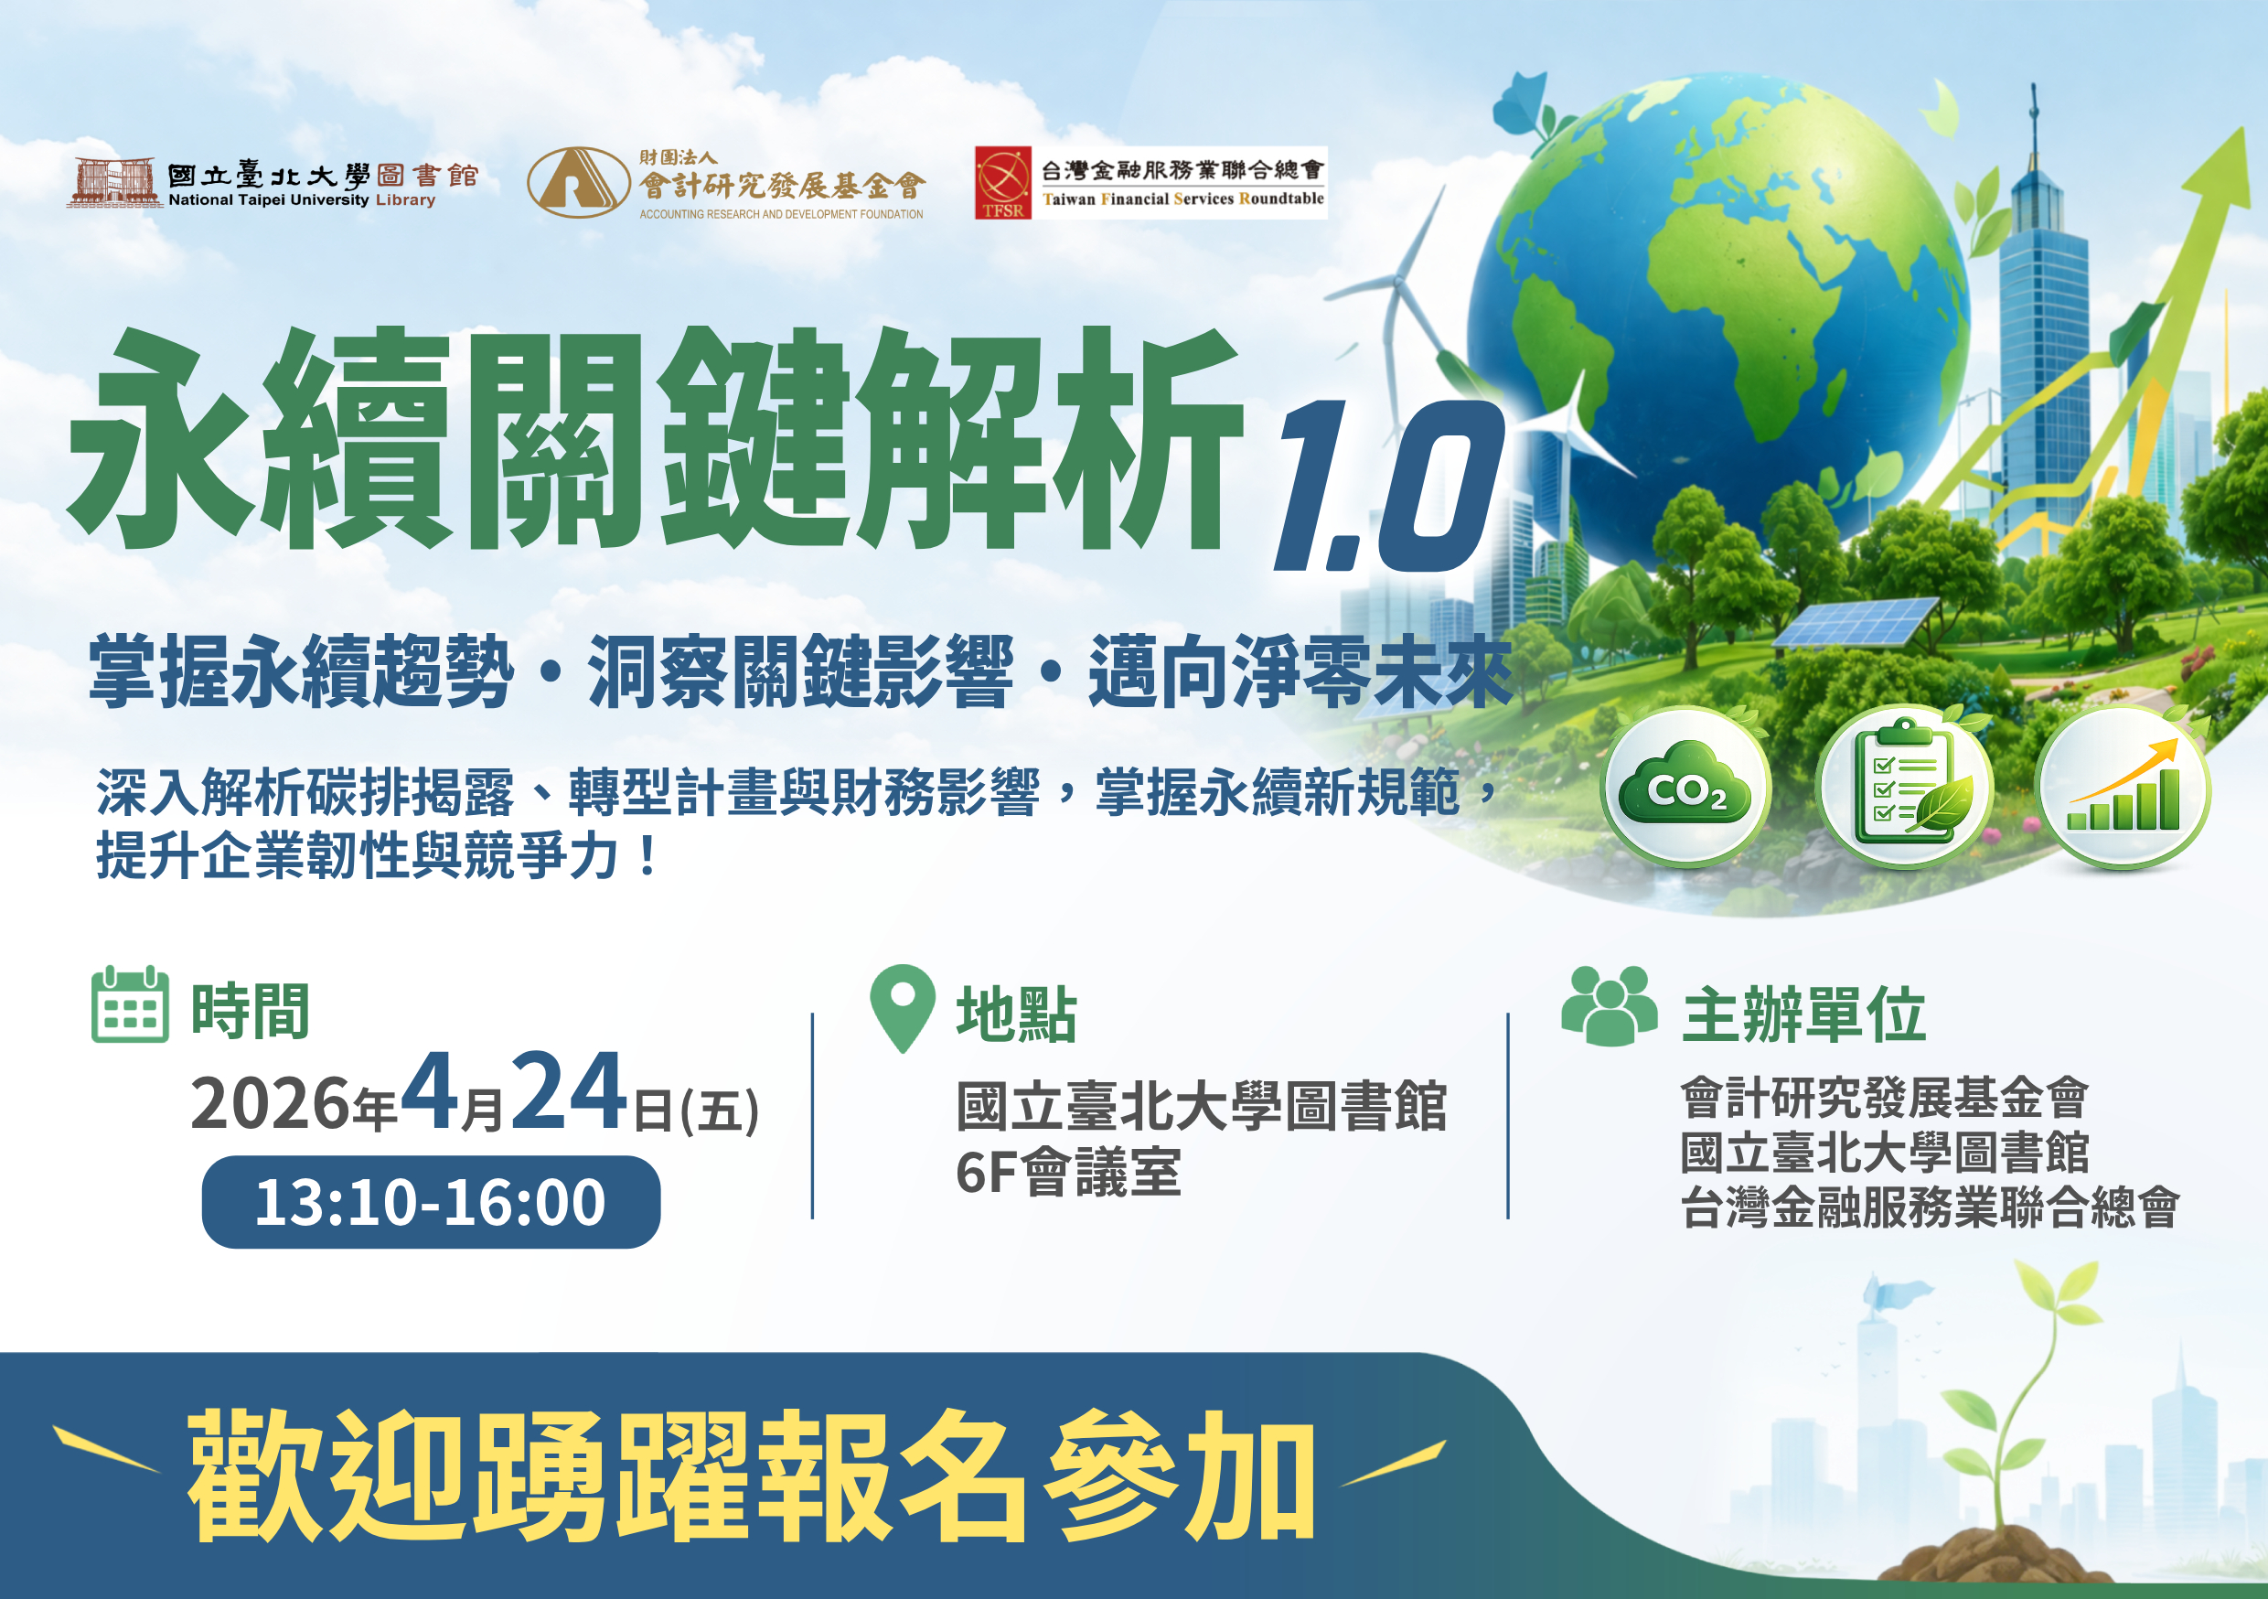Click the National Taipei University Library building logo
coord(114,182)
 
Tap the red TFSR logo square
coord(1002,183)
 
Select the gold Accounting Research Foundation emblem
coord(578,183)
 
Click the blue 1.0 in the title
coord(1388,487)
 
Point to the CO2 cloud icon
coord(1686,788)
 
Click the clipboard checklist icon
coord(1906,788)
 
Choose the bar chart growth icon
coord(2124,788)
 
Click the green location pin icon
coord(902,1006)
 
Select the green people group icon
coord(1610,1006)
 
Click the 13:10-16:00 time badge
coord(431,1202)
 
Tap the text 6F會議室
coord(1068,1173)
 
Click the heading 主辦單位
coord(1803,1015)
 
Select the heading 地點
coord(1016,1015)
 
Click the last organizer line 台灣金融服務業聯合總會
coord(1930,1207)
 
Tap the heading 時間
coord(250,1012)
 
